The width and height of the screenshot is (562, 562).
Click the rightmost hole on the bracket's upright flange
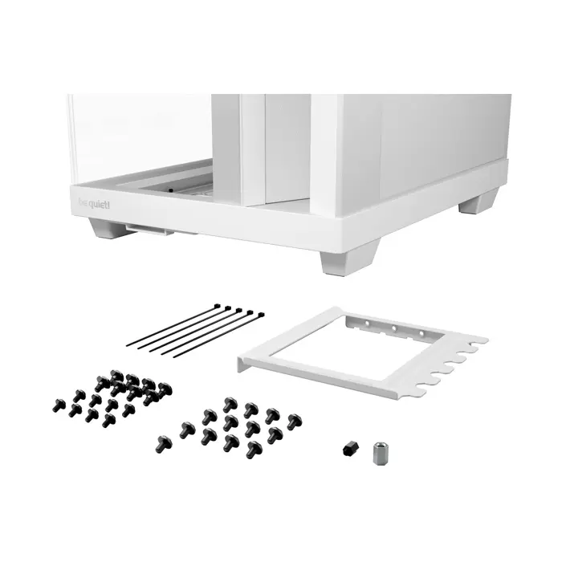pos(420,332)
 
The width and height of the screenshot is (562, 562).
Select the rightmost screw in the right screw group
pos(294,419)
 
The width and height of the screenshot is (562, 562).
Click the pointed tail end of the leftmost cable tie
pos(128,345)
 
